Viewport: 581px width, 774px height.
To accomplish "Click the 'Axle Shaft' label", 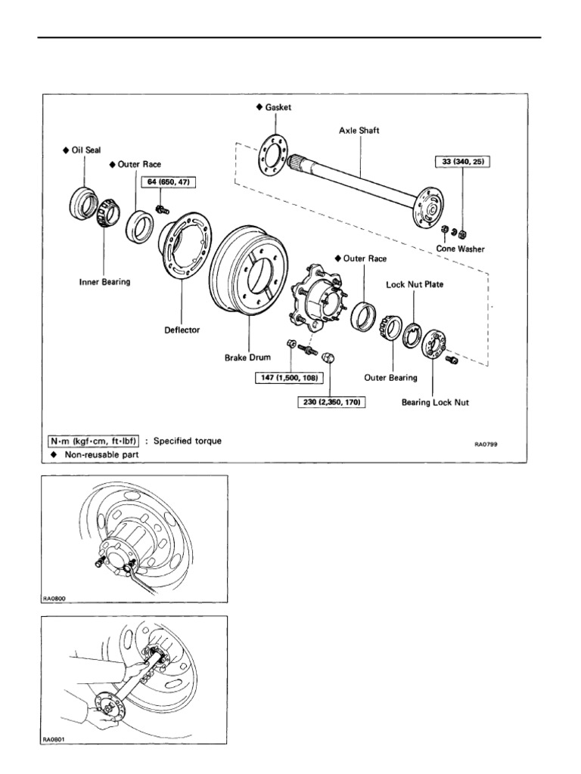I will [x=359, y=130].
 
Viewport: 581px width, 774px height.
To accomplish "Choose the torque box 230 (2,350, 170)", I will [x=330, y=403].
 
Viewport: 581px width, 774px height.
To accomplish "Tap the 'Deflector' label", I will [x=182, y=330].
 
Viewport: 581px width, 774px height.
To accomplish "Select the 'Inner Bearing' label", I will [x=105, y=282].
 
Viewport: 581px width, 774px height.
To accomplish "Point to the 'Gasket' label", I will [x=277, y=107].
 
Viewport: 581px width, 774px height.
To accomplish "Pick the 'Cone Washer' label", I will [x=461, y=248].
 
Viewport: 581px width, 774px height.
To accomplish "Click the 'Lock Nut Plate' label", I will [x=414, y=284].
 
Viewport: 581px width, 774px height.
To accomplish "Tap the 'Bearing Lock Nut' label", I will [x=435, y=403].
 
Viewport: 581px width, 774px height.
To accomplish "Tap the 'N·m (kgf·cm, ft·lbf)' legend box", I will [x=92, y=441].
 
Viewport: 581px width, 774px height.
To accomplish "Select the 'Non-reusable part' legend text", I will [x=101, y=454].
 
